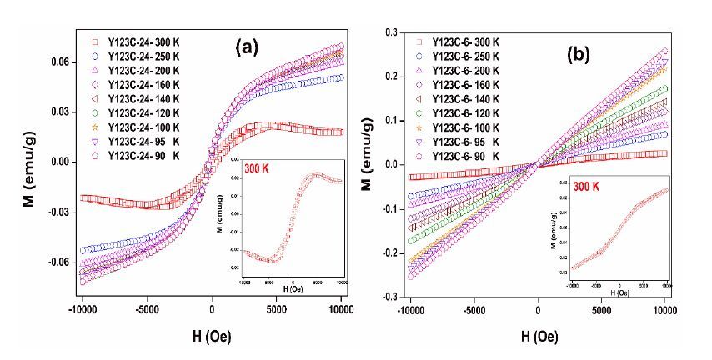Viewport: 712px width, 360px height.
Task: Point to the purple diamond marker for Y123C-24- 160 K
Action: [x=92, y=84]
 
